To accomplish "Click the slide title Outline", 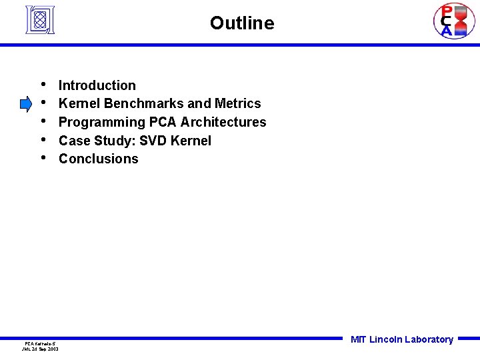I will point(241,23).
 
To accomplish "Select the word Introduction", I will point(97,85).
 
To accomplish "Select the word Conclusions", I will point(99,159).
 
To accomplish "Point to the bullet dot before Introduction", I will point(43,85).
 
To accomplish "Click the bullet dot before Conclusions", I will point(43,158).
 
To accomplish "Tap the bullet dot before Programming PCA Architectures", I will point(43,121).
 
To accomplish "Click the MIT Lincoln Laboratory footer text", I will point(402,339).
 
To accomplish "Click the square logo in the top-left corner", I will point(39,19).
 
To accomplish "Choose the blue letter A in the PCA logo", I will point(446,31).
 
